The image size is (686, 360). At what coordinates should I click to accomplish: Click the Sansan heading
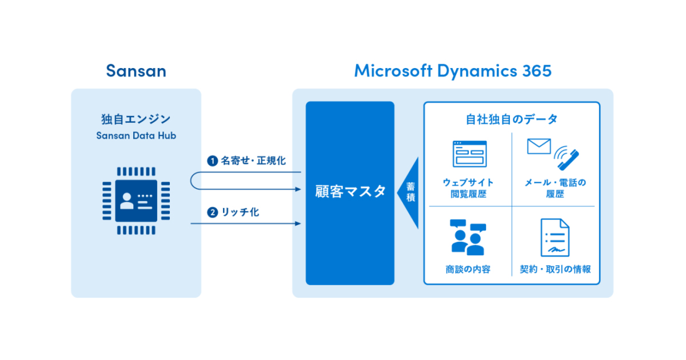point(136,71)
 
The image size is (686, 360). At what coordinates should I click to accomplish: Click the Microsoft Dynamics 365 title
point(452,71)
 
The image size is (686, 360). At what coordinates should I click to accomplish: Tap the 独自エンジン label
point(136,119)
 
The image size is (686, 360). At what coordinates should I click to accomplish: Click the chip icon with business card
point(136,199)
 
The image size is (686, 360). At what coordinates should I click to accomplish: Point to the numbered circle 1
point(212,161)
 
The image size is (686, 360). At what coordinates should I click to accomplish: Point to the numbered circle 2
point(212,213)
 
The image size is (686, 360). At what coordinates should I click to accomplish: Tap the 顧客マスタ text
point(350,192)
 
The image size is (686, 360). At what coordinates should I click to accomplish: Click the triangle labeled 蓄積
point(410,193)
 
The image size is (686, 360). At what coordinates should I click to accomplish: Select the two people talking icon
point(468,238)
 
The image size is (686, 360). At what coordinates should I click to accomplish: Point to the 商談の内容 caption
point(468,269)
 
